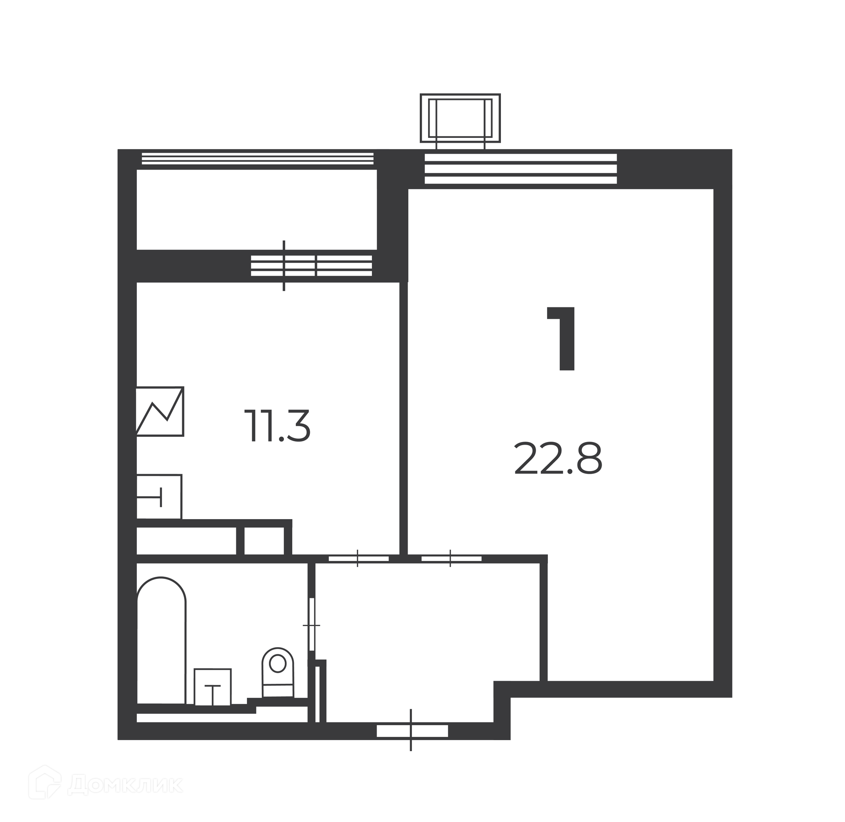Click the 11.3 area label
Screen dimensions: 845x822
coord(277,426)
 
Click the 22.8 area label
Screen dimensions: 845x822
coord(558,459)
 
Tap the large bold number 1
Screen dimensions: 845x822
coord(562,339)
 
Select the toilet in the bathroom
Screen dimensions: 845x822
coord(278,672)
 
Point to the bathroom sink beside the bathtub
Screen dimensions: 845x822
coord(213,687)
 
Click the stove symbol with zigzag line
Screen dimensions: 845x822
coord(160,411)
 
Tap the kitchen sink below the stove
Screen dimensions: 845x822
coord(159,497)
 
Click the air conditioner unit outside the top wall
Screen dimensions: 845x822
coord(460,118)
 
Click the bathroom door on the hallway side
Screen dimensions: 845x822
coord(312,624)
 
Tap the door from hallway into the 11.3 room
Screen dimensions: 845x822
coord(358,559)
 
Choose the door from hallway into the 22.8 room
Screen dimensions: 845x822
coord(451,559)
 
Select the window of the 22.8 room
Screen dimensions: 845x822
coord(521,169)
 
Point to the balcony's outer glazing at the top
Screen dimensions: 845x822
coord(257,159)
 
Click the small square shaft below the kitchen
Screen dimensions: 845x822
coord(264,540)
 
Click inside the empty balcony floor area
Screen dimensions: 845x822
coord(257,210)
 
